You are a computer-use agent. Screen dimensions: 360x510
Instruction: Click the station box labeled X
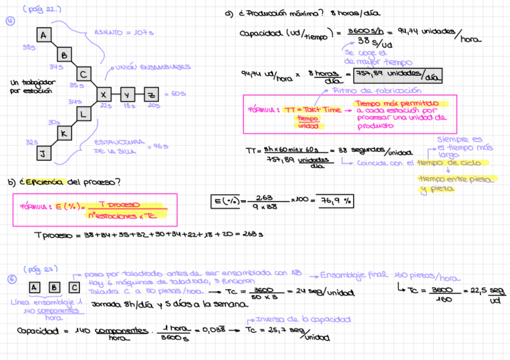pos(103,94)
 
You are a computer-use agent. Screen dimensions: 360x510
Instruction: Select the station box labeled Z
pos(152,94)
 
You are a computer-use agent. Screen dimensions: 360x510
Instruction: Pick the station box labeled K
pos(63,133)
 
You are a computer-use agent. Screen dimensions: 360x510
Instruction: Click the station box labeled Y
pos(127,94)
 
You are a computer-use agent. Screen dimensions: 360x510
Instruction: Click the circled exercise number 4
pos(10,22)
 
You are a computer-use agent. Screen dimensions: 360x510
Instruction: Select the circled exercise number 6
pos(11,279)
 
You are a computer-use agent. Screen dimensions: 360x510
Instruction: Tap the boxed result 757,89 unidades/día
pos(398,75)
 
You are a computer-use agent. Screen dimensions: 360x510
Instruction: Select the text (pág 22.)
pos(42,10)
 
